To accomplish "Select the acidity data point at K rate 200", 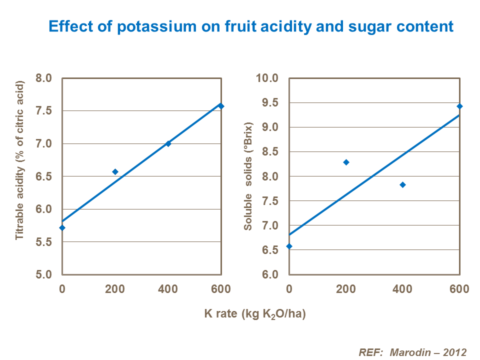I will [115, 171].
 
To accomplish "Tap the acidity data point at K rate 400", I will [168, 143].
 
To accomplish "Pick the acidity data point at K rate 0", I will [62, 227].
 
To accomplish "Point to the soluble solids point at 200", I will [345, 162].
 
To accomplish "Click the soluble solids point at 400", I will [402, 185].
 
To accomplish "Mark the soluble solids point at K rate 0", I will [289, 246].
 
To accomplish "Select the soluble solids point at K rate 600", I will [459, 106].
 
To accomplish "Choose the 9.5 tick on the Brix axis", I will [269, 102].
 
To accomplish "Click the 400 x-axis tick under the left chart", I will [168, 288].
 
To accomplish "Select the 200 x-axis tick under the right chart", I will [345, 288].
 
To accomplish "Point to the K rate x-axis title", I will [254, 314].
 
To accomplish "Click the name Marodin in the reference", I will [407, 351].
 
